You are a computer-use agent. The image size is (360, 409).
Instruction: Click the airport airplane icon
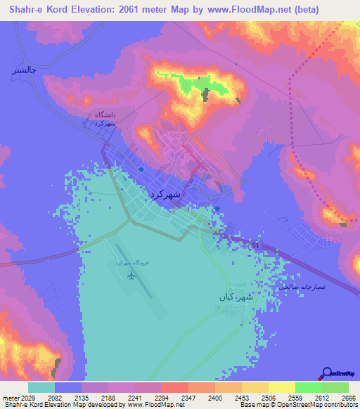(x=131, y=274)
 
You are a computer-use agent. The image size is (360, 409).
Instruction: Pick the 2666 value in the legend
(x=340, y=397)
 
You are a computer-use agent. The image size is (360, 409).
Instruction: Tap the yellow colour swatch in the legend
(x=281, y=387)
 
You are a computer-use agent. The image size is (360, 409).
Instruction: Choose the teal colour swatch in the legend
(x=41, y=387)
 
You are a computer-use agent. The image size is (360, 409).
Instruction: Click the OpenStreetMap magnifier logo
(x=326, y=374)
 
